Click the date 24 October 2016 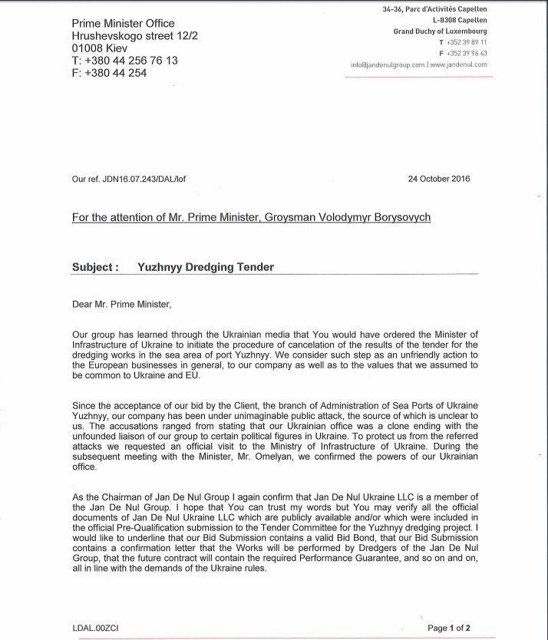441,179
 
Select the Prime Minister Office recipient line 123,24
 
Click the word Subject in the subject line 94,268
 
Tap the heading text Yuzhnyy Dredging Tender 205,268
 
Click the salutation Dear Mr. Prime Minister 122,305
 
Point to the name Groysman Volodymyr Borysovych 347,217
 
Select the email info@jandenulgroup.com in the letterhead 388,65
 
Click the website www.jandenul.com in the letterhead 458,65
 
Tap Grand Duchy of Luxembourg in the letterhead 440,31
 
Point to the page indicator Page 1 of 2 449,628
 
